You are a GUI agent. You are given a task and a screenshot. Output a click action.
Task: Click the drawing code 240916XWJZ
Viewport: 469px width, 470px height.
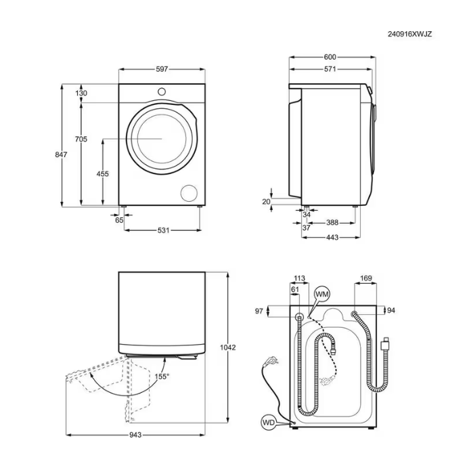(409, 34)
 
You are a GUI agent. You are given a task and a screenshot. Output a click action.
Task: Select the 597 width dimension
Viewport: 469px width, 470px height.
(162, 69)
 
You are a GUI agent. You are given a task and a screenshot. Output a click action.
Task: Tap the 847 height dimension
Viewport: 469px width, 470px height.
(61, 154)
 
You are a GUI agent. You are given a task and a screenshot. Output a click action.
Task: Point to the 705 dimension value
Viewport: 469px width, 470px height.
(81, 139)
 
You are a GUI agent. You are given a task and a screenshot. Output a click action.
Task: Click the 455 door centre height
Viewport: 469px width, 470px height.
(102, 174)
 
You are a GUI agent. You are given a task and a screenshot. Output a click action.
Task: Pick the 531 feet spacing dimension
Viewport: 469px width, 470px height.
(164, 230)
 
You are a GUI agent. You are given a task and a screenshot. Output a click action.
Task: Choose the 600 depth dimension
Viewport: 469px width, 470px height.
(330, 57)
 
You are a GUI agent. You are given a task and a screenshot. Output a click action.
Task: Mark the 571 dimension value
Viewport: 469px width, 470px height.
(330, 69)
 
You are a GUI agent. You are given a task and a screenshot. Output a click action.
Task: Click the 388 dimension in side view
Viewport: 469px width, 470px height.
(332, 222)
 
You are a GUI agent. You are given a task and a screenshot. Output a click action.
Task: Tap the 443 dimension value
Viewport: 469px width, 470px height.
(332, 238)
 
